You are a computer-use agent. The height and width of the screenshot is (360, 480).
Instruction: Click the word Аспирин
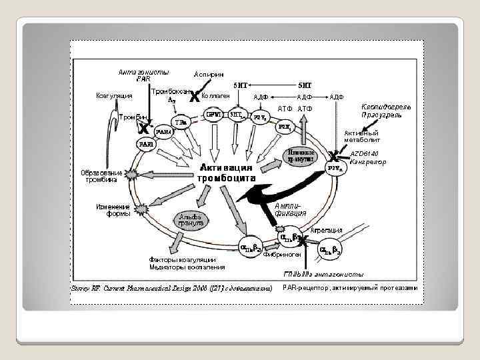point(209,73)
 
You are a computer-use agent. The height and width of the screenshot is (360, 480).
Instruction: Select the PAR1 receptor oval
point(146,143)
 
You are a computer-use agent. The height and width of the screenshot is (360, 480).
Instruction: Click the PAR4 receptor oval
point(163,131)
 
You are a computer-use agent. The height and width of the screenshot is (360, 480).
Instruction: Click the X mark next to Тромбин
point(144,127)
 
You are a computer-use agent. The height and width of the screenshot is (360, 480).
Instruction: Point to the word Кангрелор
point(368,161)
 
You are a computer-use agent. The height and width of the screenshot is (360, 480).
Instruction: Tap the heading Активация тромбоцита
point(226,173)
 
